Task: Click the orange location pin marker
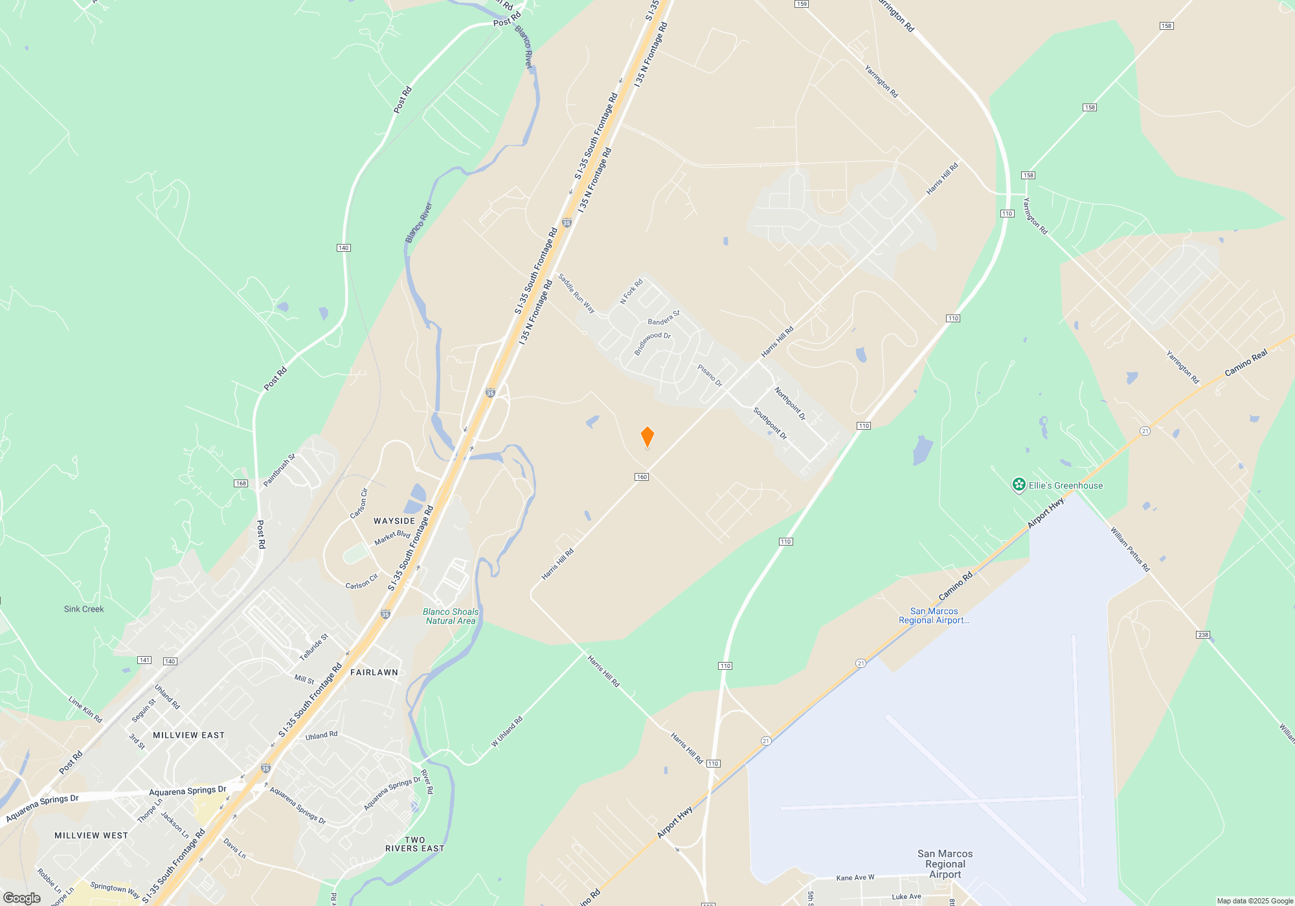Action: (647, 437)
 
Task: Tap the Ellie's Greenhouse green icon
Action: (1019, 485)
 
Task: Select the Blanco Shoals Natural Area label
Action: (451, 616)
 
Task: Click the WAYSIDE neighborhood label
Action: (394, 521)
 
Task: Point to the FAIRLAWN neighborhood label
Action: (374, 672)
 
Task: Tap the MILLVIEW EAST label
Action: (188, 735)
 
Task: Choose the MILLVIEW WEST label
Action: (91, 835)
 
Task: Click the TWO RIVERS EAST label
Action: (415, 844)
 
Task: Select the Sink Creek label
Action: (84, 609)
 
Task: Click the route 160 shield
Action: (642, 477)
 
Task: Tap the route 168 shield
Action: (241, 483)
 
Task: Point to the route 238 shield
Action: (1203, 635)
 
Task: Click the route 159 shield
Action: (802, 4)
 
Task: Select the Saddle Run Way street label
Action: (576, 293)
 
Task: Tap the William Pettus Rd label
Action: (1130, 549)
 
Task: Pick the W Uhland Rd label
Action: (506, 732)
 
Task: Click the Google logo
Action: (22, 898)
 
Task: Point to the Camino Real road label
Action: (1246, 363)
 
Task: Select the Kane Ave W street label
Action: (855, 878)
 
